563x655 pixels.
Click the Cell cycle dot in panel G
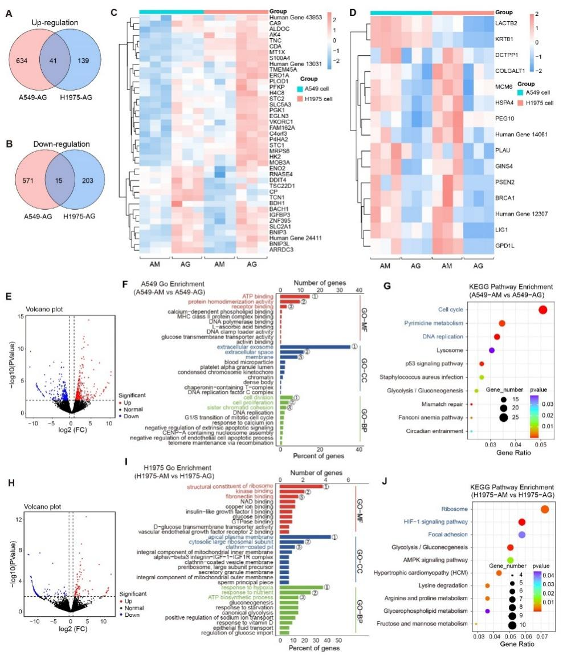click(542, 310)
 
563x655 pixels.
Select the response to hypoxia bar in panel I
click(301, 587)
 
